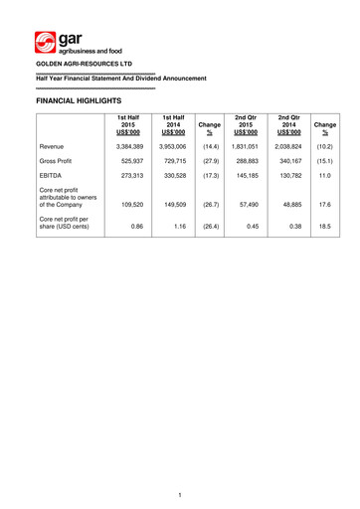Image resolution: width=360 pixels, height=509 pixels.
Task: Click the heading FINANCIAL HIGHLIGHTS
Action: pos(78,101)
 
